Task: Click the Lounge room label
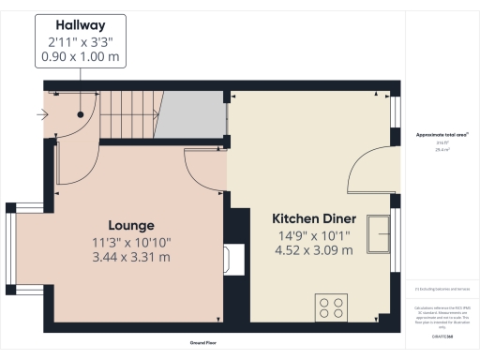click(x=131, y=225)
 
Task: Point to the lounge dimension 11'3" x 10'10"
click(x=131, y=242)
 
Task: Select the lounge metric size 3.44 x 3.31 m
click(x=131, y=257)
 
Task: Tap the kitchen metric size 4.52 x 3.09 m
click(x=313, y=250)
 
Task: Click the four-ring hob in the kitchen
click(x=332, y=306)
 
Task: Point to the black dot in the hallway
click(x=82, y=114)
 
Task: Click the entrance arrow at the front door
click(x=38, y=117)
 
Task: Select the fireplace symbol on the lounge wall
click(x=232, y=258)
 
